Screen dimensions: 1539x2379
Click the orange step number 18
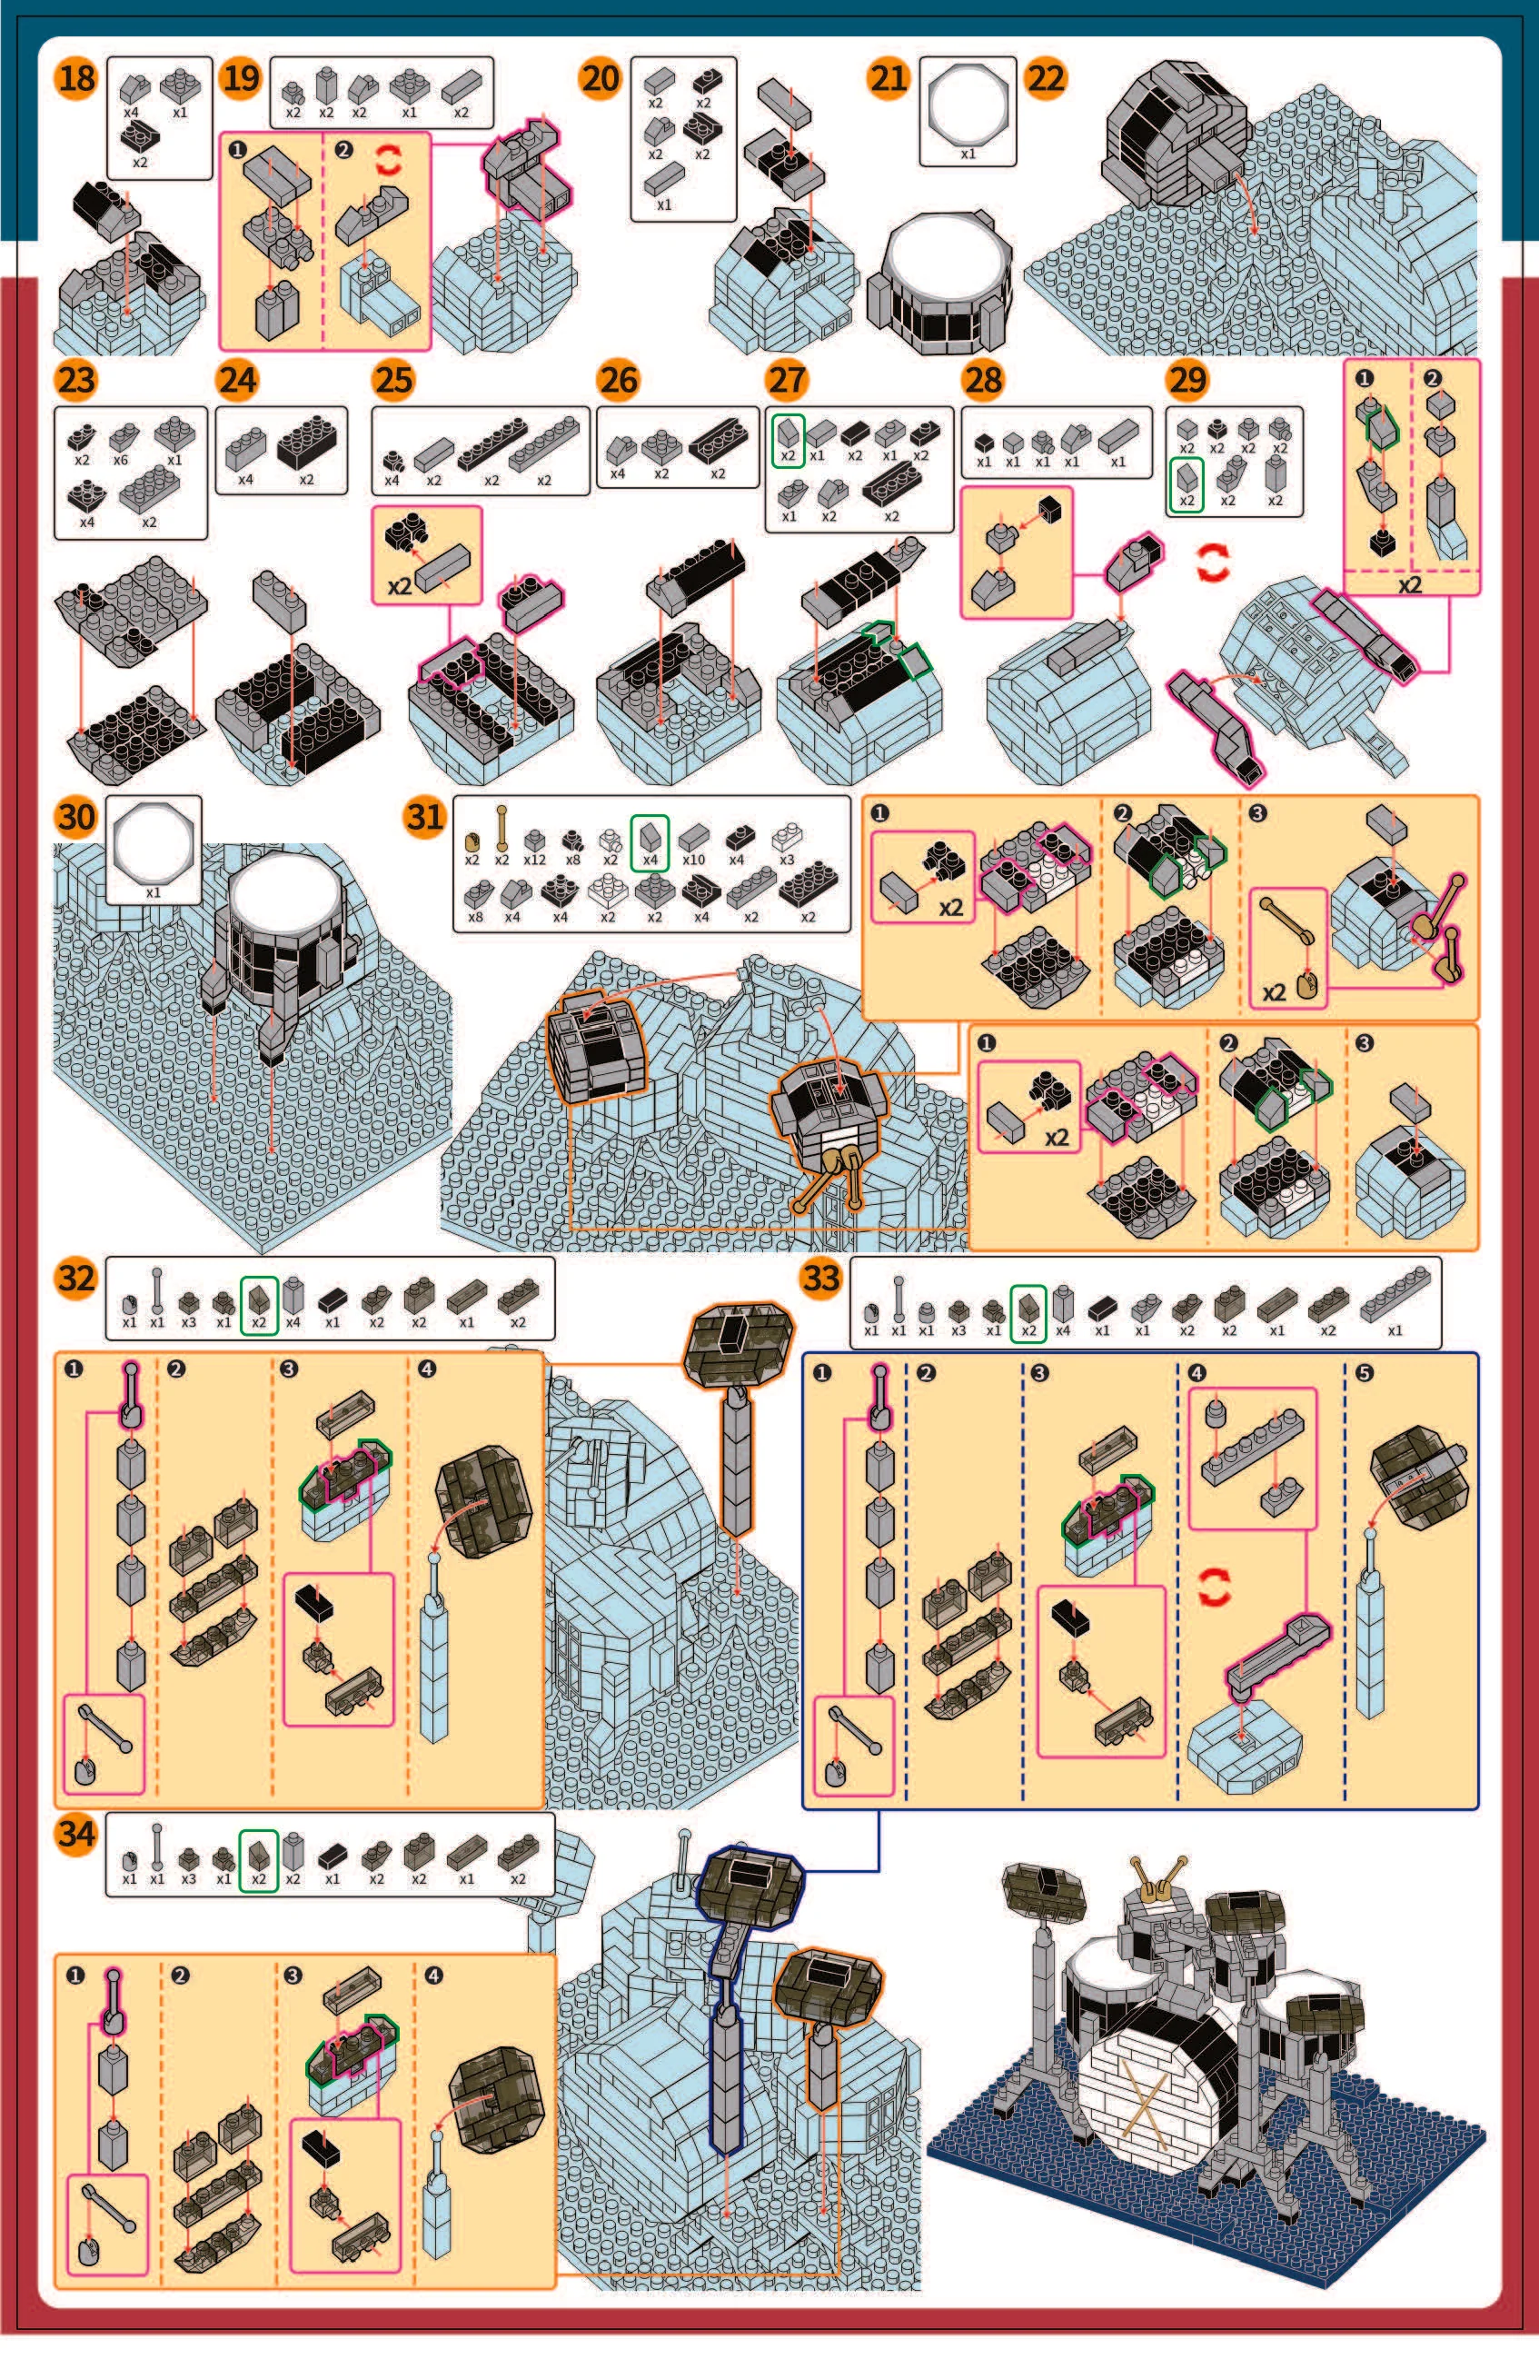(x=77, y=78)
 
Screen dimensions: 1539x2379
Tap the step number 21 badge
(x=889, y=78)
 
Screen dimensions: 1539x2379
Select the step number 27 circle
(x=788, y=380)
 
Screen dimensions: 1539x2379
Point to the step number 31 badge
(x=425, y=817)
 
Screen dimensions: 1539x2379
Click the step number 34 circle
(x=77, y=1833)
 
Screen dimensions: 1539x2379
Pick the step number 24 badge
(x=238, y=380)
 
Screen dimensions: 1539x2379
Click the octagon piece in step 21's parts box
(x=968, y=103)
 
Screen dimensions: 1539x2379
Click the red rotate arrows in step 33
(x=1213, y=1587)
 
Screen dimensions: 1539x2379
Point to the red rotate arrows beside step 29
(x=1212, y=563)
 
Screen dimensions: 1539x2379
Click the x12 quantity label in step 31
(x=534, y=859)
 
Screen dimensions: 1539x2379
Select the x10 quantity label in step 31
(x=692, y=859)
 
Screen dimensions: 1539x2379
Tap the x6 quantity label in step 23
(x=121, y=460)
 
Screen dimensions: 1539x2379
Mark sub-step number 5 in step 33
(x=1365, y=1372)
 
